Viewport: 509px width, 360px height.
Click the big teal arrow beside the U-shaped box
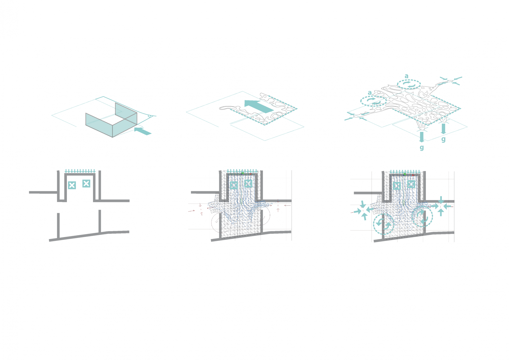click(x=143, y=131)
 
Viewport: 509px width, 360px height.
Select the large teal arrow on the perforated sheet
click(x=259, y=106)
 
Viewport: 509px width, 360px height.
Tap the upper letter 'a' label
click(x=406, y=76)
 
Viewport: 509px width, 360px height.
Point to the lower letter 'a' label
click(x=370, y=93)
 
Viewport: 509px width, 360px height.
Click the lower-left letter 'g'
click(x=422, y=148)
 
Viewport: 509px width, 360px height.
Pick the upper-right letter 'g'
click(x=443, y=139)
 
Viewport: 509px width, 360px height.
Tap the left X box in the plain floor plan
click(x=72, y=185)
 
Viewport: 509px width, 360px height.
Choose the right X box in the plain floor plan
click(x=86, y=184)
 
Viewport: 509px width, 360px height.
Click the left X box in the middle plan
click(x=234, y=185)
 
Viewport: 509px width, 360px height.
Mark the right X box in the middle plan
click(x=248, y=184)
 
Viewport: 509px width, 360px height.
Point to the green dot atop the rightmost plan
click(x=405, y=174)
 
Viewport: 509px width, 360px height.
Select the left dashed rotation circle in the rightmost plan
click(x=383, y=224)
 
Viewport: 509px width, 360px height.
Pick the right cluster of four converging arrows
click(x=441, y=206)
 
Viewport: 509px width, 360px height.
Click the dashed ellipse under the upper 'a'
click(x=409, y=85)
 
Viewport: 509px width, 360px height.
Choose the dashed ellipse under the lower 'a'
click(x=373, y=101)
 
